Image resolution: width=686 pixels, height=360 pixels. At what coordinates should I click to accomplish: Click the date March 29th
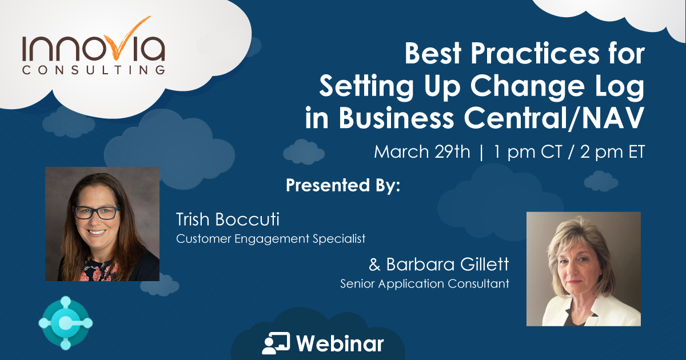point(422,152)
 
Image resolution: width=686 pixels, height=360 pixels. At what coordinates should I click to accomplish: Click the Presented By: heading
point(342,186)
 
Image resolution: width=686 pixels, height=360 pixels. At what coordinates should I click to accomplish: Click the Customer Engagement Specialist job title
point(270,238)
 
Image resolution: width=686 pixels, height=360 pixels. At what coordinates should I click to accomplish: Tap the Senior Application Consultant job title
point(424,283)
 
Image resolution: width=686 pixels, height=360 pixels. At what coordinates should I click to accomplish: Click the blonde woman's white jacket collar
point(557,309)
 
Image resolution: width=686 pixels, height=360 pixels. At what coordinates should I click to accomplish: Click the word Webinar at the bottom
point(340,343)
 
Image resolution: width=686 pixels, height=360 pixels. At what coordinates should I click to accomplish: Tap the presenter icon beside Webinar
point(276,343)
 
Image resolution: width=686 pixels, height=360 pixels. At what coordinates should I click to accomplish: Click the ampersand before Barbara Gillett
point(375,265)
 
